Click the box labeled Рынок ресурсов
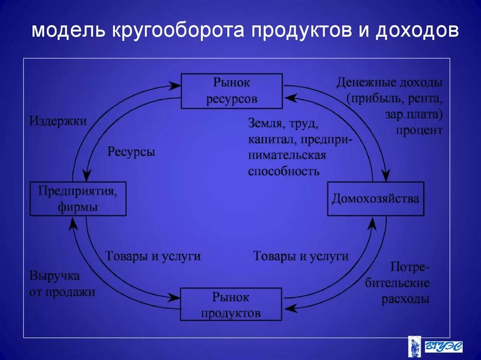tap(232, 91)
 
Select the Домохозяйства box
tap(375, 199)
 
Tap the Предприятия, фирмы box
tap(78, 199)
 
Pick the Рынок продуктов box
tap(231, 305)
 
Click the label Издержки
tap(58, 121)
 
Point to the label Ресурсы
tap(131, 153)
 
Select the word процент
tap(419, 130)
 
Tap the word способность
tap(284, 171)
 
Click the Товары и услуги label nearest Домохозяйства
tap(301, 256)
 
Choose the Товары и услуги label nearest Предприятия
tap(153, 256)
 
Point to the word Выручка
tap(54, 276)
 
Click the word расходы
tap(405, 299)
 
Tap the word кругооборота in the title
tap(178, 31)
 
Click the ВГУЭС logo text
tap(443, 346)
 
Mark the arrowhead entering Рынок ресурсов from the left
tap(175, 85)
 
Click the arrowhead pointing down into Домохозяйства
tap(386, 177)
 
